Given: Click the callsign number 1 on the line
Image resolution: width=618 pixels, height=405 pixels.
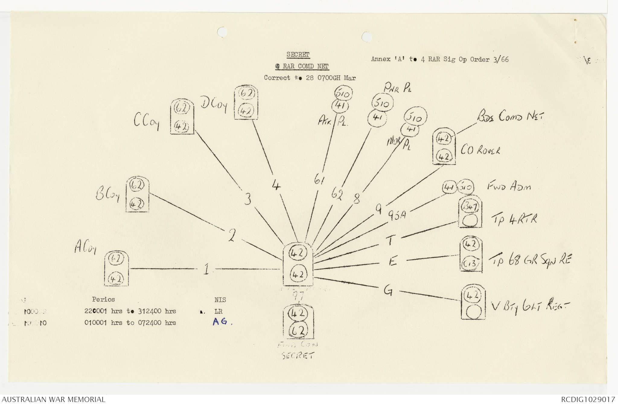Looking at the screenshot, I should click(x=206, y=269).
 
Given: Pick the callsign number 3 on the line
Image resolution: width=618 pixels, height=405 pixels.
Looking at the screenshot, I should click(x=247, y=199).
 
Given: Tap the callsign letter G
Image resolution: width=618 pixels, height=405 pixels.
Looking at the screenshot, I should click(x=388, y=290).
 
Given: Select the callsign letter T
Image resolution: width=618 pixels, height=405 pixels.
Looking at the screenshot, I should click(x=390, y=241).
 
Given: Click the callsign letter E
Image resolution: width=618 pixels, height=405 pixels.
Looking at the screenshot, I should click(x=392, y=261).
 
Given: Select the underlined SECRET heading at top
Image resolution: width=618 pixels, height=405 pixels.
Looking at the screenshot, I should click(x=298, y=55).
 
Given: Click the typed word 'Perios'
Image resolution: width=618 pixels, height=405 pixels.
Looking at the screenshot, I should click(x=104, y=300).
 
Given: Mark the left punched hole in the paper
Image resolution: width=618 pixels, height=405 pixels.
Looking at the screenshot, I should click(x=222, y=31).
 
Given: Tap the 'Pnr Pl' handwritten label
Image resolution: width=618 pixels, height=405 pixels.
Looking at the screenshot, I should click(x=397, y=88).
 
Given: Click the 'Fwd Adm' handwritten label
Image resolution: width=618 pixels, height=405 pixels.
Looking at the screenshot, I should click(x=509, y=186).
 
